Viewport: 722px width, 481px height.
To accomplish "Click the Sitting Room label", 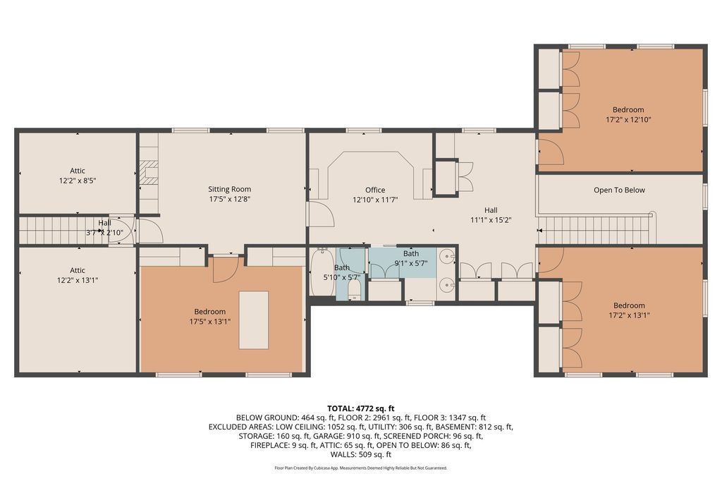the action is [x=229, y=189].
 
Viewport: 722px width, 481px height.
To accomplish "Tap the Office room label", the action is [x=375, y=190].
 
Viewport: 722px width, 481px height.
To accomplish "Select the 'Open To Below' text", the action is [x=619, y=190].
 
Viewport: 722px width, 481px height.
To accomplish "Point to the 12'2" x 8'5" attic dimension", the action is [x=78, y=181].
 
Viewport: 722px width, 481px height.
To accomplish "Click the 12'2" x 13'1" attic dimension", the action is [x=78, y=280].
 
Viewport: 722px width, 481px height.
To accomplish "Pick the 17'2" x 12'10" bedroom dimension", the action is [x=628, y=119].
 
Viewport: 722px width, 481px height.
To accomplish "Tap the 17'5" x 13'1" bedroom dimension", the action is [x=209, y=321].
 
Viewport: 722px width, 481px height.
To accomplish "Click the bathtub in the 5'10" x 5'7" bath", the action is [x=322, y=272].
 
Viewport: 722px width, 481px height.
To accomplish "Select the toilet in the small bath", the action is [x=354, y=291].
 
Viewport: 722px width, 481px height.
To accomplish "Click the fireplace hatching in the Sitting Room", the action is [x=149, y=172].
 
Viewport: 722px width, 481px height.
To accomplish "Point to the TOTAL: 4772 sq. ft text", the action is [x=360, y=408].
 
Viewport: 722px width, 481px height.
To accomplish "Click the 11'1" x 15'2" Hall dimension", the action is [x=491, y=220].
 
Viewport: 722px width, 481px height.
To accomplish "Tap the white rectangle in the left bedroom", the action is [x=253, y=319].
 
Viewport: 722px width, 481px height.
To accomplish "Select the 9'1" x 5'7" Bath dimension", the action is [x=411, y=263].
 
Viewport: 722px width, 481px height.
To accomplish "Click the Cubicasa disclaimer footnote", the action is [x=360, y=468].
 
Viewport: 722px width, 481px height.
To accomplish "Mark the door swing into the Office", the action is [x=321, y=213].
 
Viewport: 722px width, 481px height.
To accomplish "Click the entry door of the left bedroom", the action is [x=225, y=269].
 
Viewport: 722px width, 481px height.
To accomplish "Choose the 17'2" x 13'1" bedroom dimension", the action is [x=628, y=315].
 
